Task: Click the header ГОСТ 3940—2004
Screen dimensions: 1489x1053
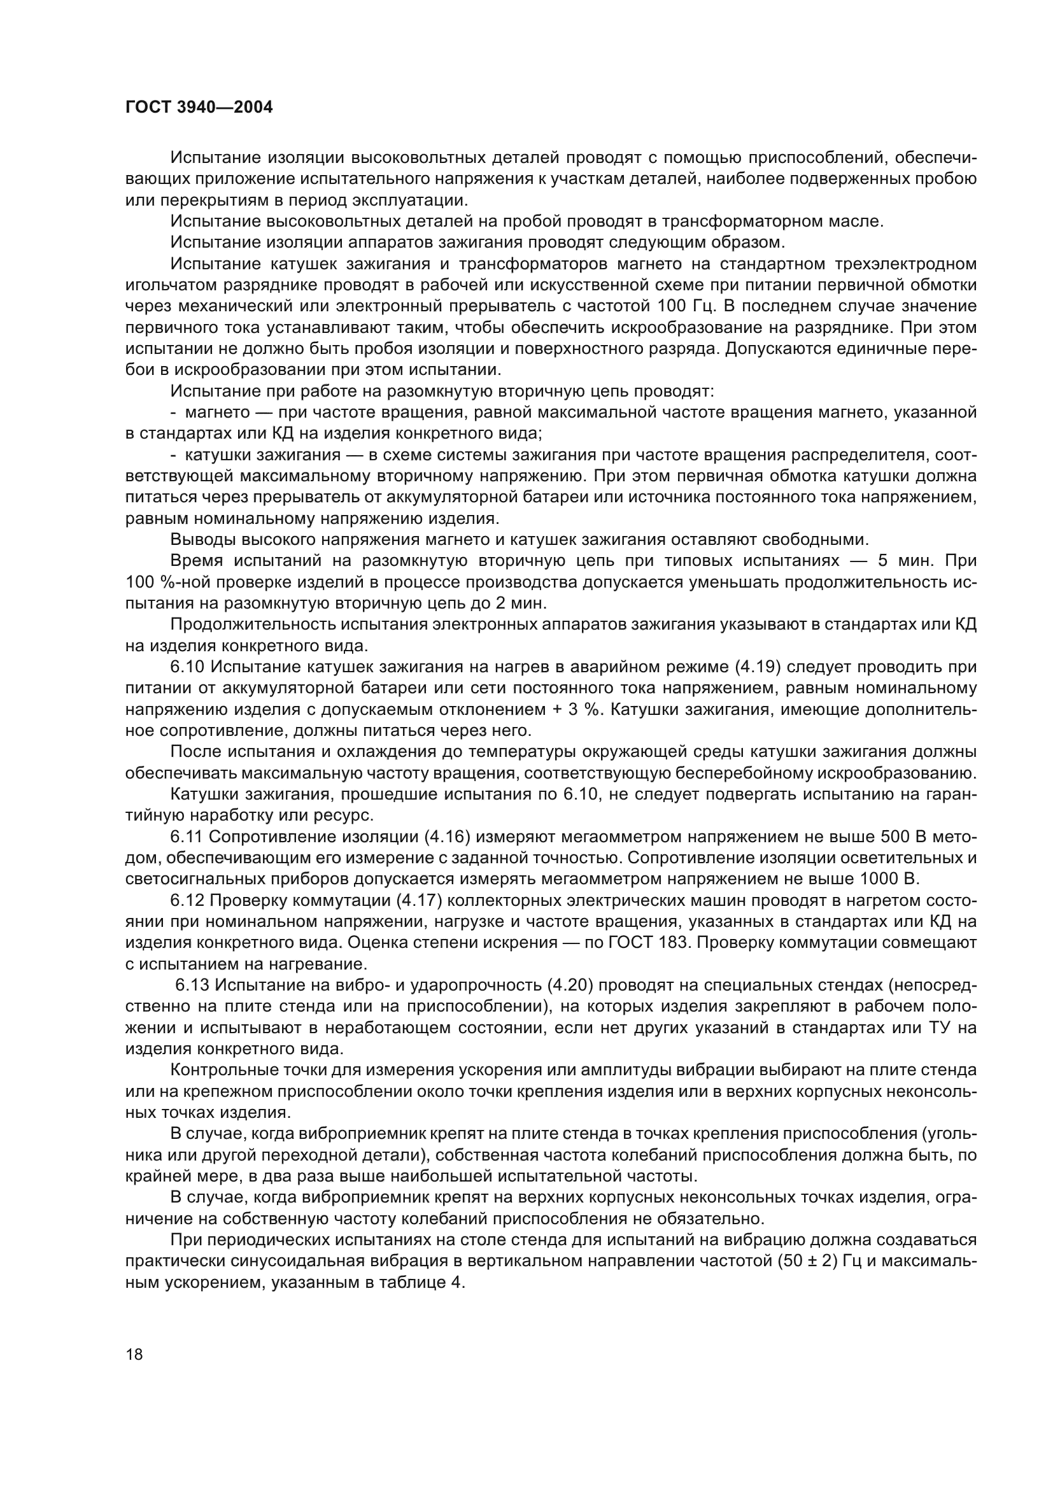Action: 199,108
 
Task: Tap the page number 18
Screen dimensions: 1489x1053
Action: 134,1354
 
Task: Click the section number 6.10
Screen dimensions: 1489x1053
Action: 187,667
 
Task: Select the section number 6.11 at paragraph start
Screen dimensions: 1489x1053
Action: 187,836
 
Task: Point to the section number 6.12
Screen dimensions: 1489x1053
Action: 187,900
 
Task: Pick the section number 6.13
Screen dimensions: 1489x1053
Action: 192,985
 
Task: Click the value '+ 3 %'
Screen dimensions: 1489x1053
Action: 576,709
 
